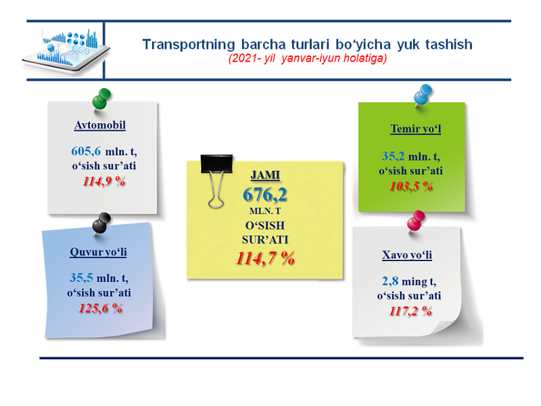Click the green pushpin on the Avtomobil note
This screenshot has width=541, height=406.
tap(101, 99)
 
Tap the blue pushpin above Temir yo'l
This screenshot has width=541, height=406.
tap(423, 95)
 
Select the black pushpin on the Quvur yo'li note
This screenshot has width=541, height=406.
tap(101, 223)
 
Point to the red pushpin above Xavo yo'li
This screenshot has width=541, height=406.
tap(416, 221)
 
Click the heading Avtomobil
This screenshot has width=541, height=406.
tap(100, 125)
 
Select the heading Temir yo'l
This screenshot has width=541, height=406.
tap(416, 129)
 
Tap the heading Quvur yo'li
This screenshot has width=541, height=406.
tap(98, 252)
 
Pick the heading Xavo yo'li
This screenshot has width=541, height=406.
tap(407, 255)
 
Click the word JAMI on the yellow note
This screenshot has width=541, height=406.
tap(265, 175)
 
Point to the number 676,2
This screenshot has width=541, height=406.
tap(265, 195)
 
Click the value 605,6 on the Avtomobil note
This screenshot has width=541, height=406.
tap(86, 151)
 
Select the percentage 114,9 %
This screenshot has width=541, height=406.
tap(104, 181)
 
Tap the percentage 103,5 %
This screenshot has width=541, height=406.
tap(411, 187)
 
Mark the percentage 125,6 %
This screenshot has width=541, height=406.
tap(100, 309)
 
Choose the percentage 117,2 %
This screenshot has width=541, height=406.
tap(410, 311)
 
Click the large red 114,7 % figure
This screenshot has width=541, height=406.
tap(265, 258)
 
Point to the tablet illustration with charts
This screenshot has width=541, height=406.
tap(66, 51)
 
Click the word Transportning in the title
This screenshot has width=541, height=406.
tap(189, 45)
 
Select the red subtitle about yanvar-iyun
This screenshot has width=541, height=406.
tap(308, 58)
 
